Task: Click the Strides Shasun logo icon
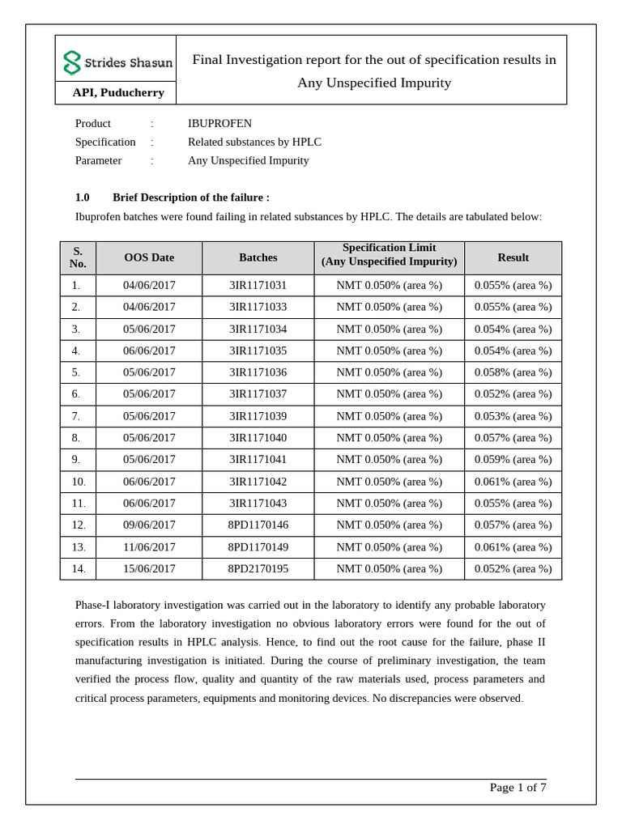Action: point(72,62)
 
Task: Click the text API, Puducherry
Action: point(118,92)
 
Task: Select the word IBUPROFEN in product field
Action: point(219,123)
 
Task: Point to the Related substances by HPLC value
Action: point(254,142)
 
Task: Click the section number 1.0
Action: point(83,198)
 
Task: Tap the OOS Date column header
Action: point(149,257)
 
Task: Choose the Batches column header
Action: point(258,257)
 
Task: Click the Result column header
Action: point(513,257)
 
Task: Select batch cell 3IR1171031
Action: point(258,285)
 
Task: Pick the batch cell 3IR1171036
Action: point(258,372)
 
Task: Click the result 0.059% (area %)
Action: point(513,459)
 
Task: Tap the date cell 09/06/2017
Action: point(149,525)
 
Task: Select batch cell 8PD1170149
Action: point(258,546)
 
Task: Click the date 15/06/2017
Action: point(149,568)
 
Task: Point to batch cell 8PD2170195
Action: point(258,568)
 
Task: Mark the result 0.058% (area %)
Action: point(513,372)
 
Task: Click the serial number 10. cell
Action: point(78,481)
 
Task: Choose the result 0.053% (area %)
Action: point(513,416)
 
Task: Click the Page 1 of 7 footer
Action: point(518,788)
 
